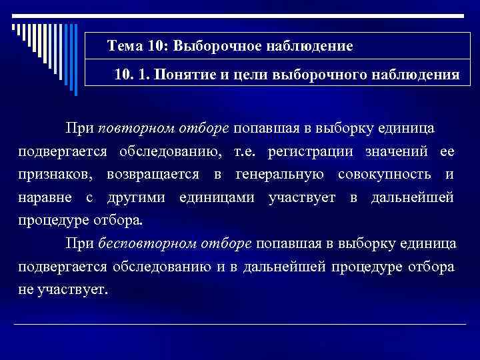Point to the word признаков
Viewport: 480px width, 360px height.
point(51,175)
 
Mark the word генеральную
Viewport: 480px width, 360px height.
point(281,175)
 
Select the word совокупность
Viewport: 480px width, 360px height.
point(383,175)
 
